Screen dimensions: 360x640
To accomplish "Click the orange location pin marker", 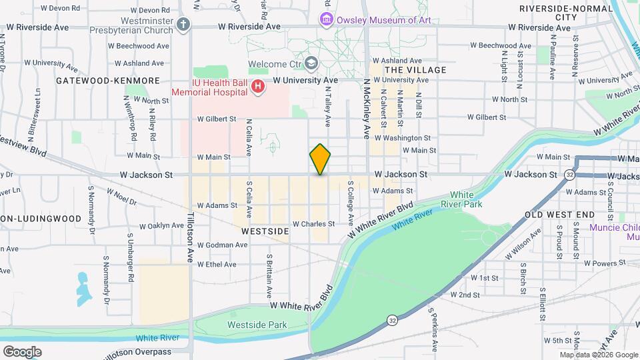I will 320,159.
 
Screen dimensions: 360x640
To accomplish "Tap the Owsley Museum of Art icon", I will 326,19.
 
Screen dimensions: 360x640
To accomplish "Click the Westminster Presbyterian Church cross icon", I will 185,24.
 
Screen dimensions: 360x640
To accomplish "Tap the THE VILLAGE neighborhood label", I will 415,69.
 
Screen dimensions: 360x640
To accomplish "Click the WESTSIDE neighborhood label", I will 265,231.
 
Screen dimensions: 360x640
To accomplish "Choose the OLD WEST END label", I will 559,215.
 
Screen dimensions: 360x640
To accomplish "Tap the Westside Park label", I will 248,325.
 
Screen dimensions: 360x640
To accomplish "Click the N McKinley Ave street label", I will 366,109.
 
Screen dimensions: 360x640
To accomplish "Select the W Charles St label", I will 313,224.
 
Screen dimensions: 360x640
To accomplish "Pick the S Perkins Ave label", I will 432,329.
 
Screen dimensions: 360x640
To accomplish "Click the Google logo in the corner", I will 22,351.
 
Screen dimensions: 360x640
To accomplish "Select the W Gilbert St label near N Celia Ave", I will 217,119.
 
